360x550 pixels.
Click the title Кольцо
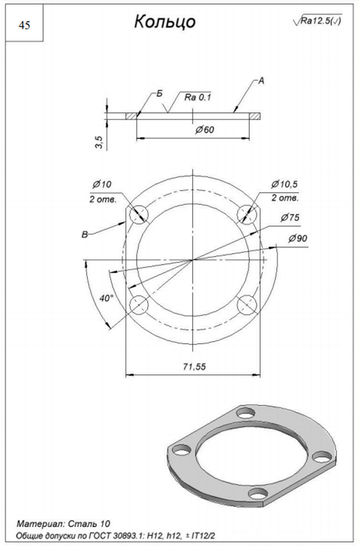pyautogui.click(x=165, y=21)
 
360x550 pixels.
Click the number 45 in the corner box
pyautogui.click(x=24, y=26)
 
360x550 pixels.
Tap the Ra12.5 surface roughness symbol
pyautogui.click(x=317, y=20)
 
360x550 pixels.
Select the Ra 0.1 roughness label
pyautogui.click(x=198, y=97)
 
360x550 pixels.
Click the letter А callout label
pyautogui.click(x=261, y=81)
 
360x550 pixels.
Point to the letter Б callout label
pyautogui.click(x=160, y=93)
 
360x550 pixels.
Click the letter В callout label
pyautogui.click(x=85, y=234)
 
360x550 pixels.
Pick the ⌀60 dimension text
pyautogui.click(x=205, y=130)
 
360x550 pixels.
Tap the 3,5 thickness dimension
pyautogui.click(x=99, y=143)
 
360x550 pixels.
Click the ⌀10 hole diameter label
pyautogui.click(x=102, y=184)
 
